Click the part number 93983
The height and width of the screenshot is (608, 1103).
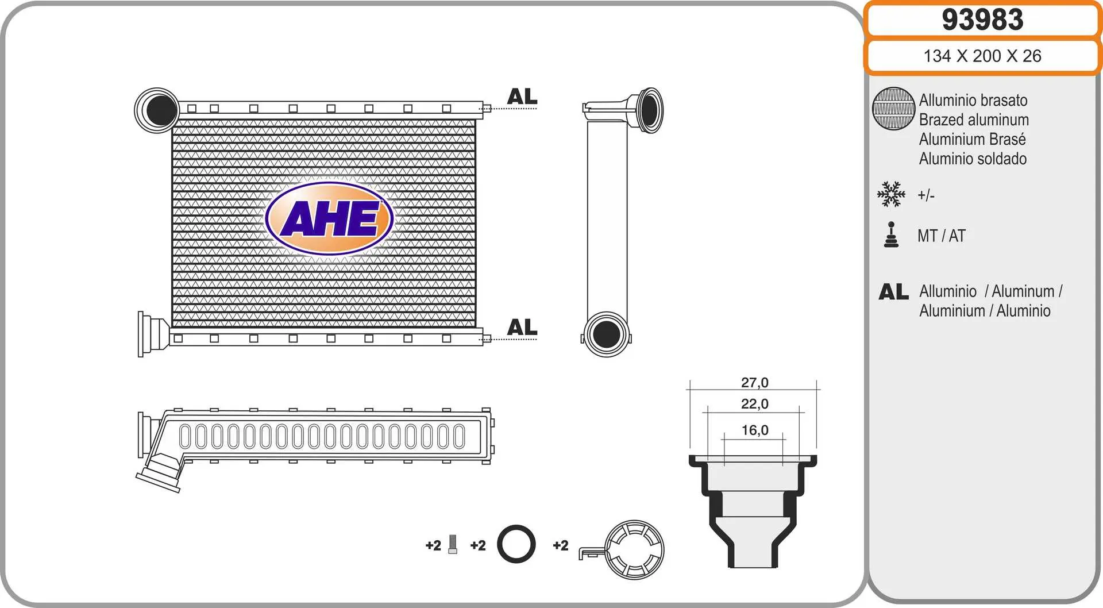pyautogui.click(x=982, y=20)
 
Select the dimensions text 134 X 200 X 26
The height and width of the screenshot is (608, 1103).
pyautogui.click(x=982, y=56)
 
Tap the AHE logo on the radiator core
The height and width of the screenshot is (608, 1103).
pyautogui.click(x=329, y=218)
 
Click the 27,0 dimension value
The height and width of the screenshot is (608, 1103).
pyautogui.click(x=754, y=383)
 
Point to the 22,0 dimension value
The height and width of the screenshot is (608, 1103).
pyautogui.click(x=754, y=404)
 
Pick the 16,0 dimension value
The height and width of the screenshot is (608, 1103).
pyautogui.click(x=754, y=430)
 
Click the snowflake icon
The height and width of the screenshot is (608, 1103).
pyautogui.click(x=891, y=194)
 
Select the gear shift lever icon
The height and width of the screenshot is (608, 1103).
pyautogui.click(x=891, y=234)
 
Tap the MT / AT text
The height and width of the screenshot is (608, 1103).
pyautogui.click(x=941, y=236)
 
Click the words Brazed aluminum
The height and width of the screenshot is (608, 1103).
pyautogui.click(x=974, y=120)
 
